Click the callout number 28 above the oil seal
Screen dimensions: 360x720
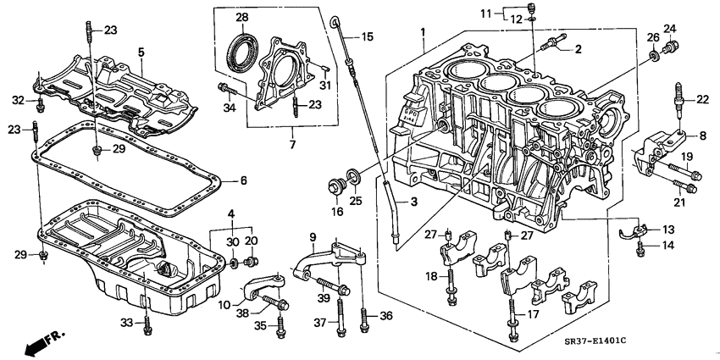coord(242,18)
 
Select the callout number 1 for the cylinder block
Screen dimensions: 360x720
coord(421,33)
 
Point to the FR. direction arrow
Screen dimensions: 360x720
coord(39,342)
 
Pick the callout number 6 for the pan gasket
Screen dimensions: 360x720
coord(242,180)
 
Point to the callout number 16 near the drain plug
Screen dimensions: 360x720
coord(336,211)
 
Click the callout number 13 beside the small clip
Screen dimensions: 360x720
coord(668,230)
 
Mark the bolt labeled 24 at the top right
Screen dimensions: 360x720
coord(673,48)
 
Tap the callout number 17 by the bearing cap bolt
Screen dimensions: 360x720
coord(534,314)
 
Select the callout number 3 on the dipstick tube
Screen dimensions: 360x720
coord(414,202)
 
